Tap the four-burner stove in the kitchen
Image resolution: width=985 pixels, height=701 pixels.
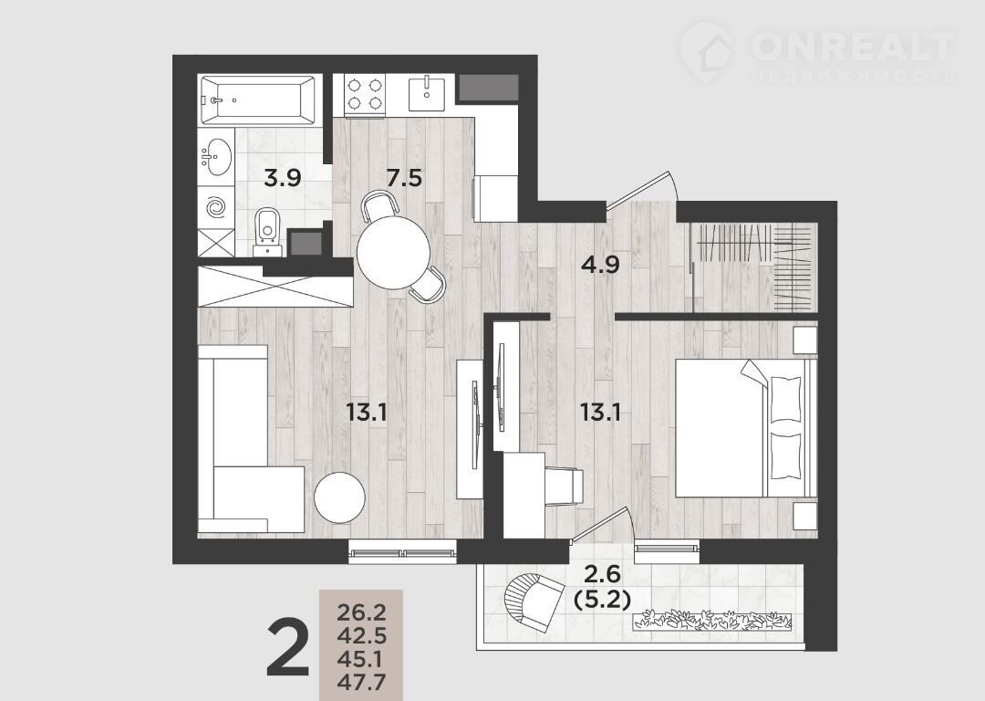tap(364, 94)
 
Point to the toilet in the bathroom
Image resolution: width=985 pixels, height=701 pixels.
tap(268, 231)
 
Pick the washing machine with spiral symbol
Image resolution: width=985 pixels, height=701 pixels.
tap(216, 206)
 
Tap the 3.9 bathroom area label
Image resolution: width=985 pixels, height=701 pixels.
tap(283, 179)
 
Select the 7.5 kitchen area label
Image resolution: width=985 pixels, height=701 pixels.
tap(404, 179)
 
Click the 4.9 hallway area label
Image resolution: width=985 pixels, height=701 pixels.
tap(600, 265)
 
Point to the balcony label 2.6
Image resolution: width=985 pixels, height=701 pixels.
tap(603, 574)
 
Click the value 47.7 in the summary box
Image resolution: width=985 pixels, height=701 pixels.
tap(361, 682)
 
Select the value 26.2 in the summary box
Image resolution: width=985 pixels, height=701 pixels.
tap(361, 611)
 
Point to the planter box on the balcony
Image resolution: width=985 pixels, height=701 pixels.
tap(712, 619)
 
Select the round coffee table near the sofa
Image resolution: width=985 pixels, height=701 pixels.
tap(339, 497)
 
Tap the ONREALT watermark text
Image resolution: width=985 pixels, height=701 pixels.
tap(853, 45)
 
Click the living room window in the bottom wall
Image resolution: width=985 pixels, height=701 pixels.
tap(403, 553)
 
